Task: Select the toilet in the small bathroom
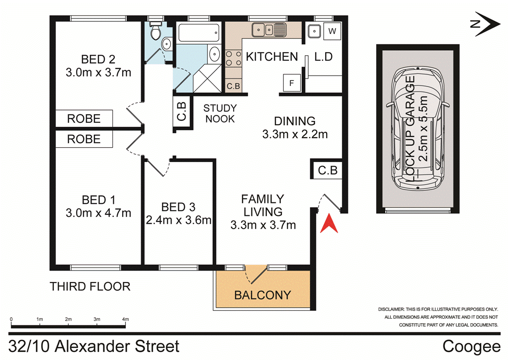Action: (x=155, y=31)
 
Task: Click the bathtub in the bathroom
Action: (x=198, y=32)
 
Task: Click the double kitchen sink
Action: (x=267, y=30)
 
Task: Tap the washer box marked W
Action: (x=332, y=31)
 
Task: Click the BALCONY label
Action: (x=262, y=295)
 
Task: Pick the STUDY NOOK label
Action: (x=220, y=114)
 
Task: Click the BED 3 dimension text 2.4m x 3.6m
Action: (x=179, y=220)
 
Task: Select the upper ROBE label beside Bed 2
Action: (x=84, y=119)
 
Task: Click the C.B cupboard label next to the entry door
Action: (x=328, y=171)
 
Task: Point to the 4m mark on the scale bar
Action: (x=125, y=319)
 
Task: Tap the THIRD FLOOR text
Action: (x=90, y=286)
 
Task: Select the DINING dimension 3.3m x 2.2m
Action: (x=295, y=134)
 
